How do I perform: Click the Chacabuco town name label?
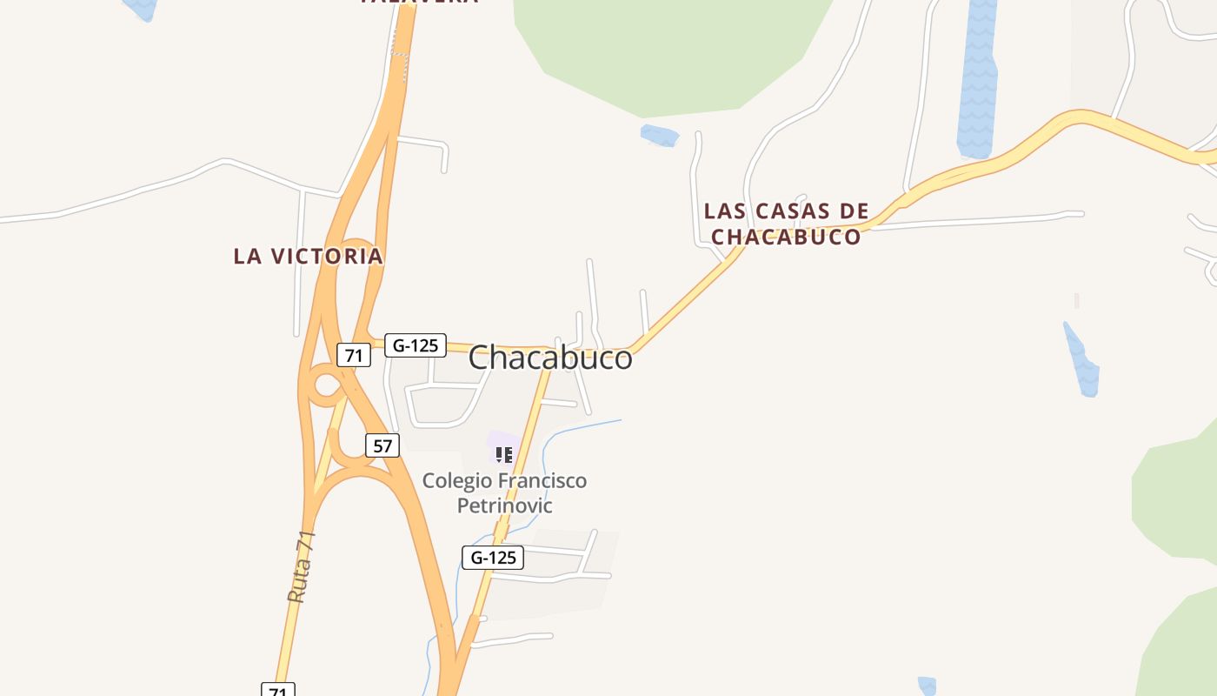tap(550, 357)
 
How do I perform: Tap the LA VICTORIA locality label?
tap(308, 256)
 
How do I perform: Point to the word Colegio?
tap(457, 480)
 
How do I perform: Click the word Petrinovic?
tap(504, 505)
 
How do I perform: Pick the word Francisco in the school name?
tap(543, 480)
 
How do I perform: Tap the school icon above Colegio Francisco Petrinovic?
tap(503, 454)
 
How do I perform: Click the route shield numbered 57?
tap(382, 445)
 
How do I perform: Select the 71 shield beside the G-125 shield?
tap(354, 355)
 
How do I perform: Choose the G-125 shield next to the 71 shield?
tap(416, 345)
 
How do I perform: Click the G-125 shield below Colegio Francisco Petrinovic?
tap(493, 558)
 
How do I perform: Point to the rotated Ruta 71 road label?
tap(301, 567)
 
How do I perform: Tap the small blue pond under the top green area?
tap(659, 136)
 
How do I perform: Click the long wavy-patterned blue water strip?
tap(978, 78)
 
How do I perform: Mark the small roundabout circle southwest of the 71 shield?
tap(326, 385)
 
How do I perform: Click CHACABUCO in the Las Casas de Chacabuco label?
tap(786, 237)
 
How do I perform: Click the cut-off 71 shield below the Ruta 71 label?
tap(278, 690)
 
